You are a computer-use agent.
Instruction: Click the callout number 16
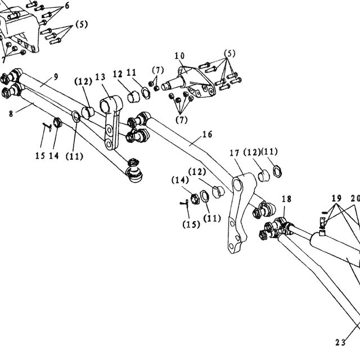click(208, 134)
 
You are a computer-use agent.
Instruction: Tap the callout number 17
click(235, 153)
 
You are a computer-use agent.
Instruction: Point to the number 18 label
click(286, 199)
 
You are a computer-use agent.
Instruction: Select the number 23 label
click(340, 343)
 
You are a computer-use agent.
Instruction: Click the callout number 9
click(56, 76)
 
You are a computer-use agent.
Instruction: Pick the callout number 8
click(11, 114)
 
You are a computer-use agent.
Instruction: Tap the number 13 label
click(100, 77)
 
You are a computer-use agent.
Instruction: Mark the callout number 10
click(179, 56)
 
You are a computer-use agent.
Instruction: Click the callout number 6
click(67, 6)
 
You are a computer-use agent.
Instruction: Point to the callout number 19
click(336, 198)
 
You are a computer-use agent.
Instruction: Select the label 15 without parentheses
click(40, 156)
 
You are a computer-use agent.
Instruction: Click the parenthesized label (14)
click(180, 180)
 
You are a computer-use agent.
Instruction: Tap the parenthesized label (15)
click(191, 224)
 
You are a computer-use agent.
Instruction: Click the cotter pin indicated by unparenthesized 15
click(47, 127)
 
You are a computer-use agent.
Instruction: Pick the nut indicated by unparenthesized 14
click(57, 123)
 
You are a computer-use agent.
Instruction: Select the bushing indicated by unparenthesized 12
click(133, 97)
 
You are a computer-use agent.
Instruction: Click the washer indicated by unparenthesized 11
click(146, 93)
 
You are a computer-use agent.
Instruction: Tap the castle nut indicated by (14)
click(195, 199)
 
